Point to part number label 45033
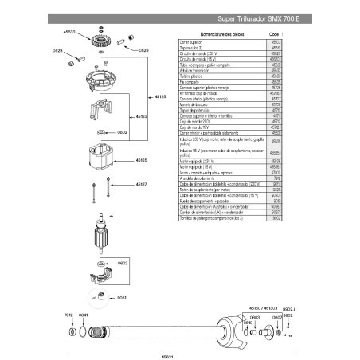point(70,33)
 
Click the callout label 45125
point(159,96)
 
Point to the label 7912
point(68,315)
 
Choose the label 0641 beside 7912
point(83,315)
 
